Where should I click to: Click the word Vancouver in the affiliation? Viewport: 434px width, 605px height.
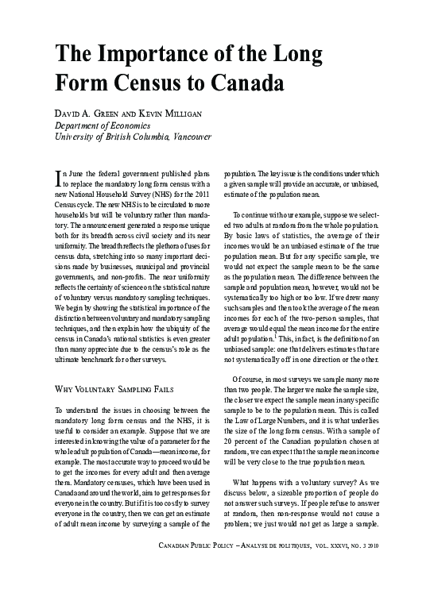189,137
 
